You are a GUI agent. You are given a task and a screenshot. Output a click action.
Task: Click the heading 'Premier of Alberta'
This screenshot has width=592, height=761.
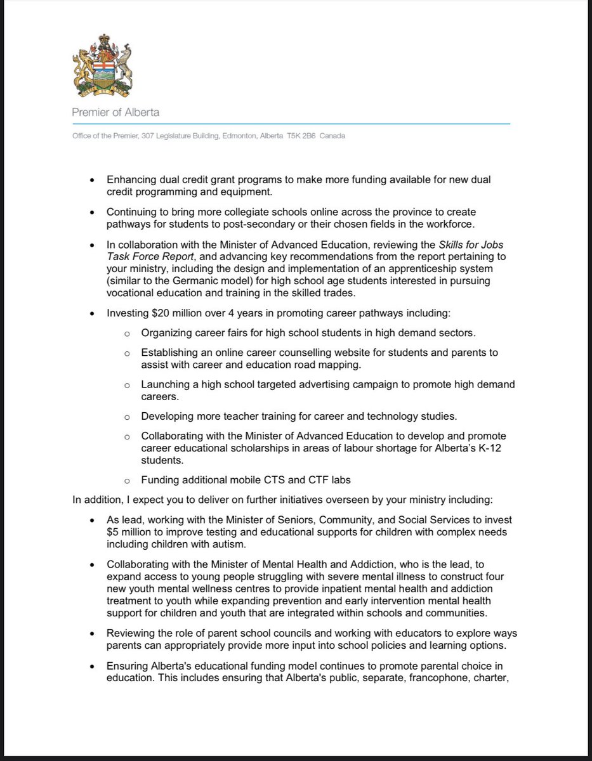pyautogui.click(x=115, y=112)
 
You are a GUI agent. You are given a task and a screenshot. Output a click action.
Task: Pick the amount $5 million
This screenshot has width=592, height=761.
pyautogui.click(x=129, y=532)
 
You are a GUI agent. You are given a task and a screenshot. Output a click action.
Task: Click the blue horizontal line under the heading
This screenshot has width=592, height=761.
pyautogui.click(x=291, y=124)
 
